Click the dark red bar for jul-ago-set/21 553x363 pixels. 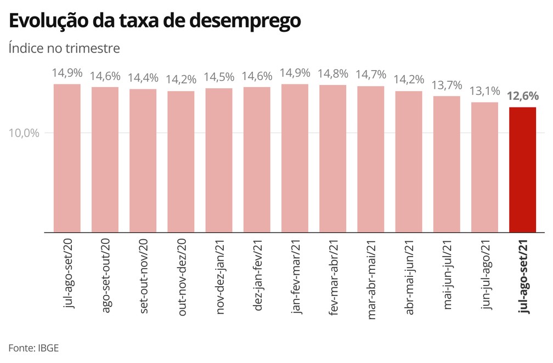pyautogui.click(x=522, y=169)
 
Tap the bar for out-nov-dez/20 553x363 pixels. pyautogui.click(x=180, y=161)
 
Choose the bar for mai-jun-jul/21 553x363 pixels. pyautogui.click(x=447, y=164)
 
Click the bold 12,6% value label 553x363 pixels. pyautogui.click(x=523, y=97)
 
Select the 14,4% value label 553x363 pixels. pyautogui.click(x=143, y=78)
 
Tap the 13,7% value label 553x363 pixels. pyautogui.click(x=447, y=85)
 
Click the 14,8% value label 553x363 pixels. pyautogui.click(x=332, y=73)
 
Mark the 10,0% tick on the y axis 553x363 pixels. pyautogui.click(x=24, y=133)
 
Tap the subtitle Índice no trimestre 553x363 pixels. pyautogui.click(x=64, y=48)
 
